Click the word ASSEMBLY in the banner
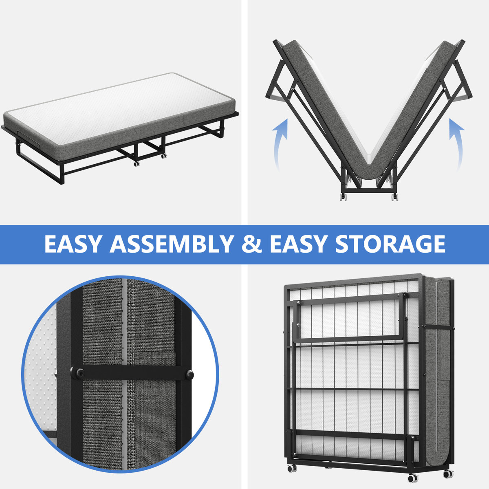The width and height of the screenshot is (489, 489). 171,244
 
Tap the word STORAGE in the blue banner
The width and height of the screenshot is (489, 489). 390,244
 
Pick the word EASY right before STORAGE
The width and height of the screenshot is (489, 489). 298,244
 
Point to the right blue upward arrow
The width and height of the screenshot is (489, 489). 456,143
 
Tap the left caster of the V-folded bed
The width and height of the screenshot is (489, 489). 344,197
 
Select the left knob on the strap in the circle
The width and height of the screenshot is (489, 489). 77,373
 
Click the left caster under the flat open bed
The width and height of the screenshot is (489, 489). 136,163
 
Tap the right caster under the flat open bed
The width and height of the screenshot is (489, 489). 163,156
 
